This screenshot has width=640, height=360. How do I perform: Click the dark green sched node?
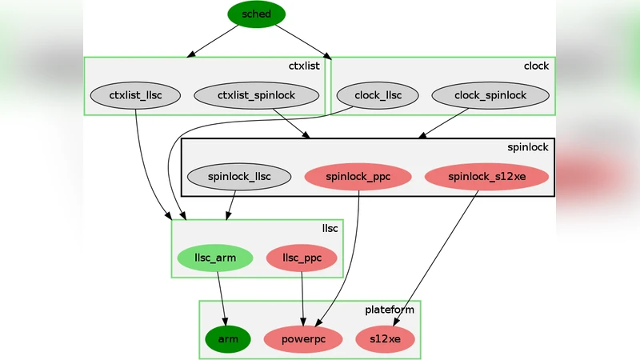(256, 14)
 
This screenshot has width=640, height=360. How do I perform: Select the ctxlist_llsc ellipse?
(135, 96)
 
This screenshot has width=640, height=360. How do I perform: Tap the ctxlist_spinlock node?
(256, 96)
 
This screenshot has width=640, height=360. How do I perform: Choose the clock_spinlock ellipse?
(490, 96)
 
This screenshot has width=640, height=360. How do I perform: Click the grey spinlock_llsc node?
(238, 177)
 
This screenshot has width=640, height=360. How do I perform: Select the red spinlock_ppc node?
(358, 177)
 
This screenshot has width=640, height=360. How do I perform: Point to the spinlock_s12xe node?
(486, 177)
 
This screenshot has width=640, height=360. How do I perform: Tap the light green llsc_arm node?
(214, 258)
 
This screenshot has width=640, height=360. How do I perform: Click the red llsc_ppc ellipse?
(301, 258)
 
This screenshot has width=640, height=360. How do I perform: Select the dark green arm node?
(228, 339)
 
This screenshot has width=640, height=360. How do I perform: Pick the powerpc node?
(302, 339)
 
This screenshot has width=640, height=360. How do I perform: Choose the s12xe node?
(386, 339)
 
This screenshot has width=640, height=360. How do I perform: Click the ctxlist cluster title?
(304, 66)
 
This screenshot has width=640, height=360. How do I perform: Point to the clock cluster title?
(536, 66)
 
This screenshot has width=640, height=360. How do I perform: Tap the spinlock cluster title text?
(528, 147)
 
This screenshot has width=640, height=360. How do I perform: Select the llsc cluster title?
(330, 228)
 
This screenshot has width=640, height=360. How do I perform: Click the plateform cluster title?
(390, 310)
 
